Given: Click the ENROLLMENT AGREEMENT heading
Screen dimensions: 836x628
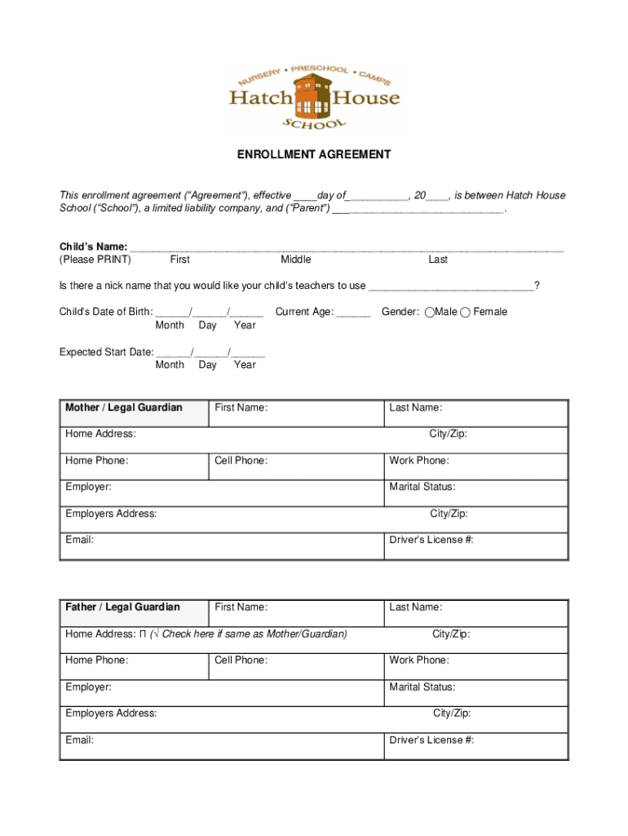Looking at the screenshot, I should [314, 154].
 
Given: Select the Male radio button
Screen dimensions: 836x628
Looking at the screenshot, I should [430, 312].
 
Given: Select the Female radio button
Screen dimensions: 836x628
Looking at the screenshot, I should [465, 312].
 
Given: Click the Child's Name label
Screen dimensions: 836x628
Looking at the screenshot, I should [93, 247].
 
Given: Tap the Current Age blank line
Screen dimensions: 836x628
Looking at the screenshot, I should [353, 313].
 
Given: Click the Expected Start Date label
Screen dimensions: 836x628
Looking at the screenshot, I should [106, 352].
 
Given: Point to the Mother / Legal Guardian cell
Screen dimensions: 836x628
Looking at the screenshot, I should [124, 407].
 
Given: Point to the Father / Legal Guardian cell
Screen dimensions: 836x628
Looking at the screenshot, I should [122, 607].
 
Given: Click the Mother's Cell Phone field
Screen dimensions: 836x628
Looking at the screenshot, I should [295, 466].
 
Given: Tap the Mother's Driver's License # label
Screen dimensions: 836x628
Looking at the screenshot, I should [431, 540].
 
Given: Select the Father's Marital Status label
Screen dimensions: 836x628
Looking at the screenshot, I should [422, 687].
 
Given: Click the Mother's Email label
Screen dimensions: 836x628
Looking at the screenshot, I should [79, 540].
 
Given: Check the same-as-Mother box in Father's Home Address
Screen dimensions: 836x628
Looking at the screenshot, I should [142, 634].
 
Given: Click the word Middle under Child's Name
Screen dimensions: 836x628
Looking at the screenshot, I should [295, 260].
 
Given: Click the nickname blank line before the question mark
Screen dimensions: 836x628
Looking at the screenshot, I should [451, 287].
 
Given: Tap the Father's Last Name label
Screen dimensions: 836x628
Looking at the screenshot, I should [415, 607].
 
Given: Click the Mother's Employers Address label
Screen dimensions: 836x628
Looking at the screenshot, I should [111, 514].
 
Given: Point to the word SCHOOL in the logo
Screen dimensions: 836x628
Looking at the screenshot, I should [314, 123].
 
